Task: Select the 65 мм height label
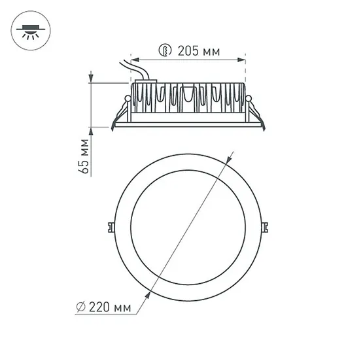(83, 158)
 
